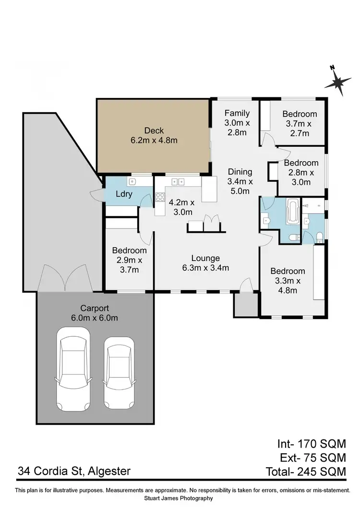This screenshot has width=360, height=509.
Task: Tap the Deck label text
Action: click(x=154, y=135)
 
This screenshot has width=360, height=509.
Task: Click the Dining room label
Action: click(x=239, y=181)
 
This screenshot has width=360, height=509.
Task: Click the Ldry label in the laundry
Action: click(x=123, y=194)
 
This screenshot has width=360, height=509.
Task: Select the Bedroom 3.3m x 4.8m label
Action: click(x=287, y=281)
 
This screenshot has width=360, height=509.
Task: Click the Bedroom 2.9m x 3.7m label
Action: click(x=129, y=260)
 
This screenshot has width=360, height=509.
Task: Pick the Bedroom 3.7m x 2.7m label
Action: click(x=300, y=123)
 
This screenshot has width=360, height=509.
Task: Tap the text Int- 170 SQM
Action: click(x=312, y=443)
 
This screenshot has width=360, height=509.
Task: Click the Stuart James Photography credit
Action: click(x=180, y=498)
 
